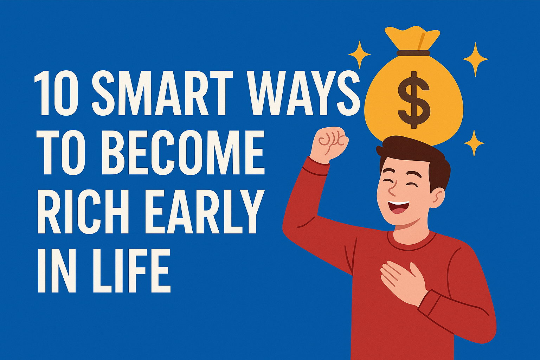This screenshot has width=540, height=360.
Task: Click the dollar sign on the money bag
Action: coord(414,100)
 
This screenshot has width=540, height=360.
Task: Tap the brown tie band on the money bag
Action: coord(413,53)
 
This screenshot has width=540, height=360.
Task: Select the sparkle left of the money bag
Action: coord(359,55)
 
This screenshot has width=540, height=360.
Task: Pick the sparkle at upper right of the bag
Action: coord(475,59)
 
